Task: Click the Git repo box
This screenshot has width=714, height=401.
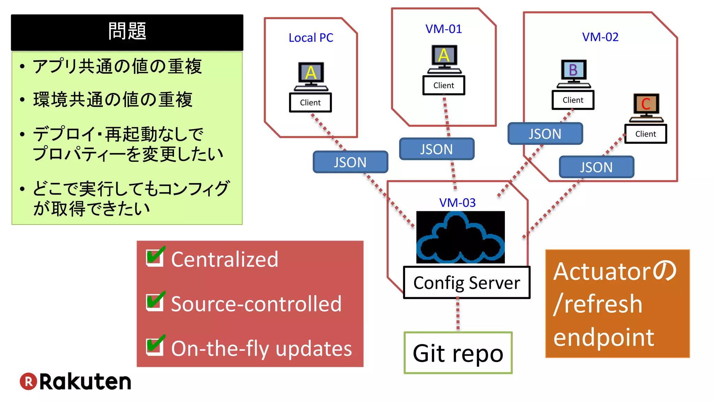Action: click(458, 353)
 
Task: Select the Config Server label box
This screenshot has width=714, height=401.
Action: click(466, 283)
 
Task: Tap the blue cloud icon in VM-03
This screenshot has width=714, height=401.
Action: click(460, 237)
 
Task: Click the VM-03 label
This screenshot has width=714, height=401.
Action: click(457, 203)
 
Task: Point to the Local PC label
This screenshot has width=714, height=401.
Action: click(311, 38)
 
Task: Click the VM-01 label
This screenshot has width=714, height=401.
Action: click(443, 29)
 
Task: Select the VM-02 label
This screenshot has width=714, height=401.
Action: click(600, 37)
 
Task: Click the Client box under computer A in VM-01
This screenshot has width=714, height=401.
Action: click(443, 86)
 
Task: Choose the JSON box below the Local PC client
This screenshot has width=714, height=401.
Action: click(350, 162)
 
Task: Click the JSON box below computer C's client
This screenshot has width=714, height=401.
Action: click(596, 167)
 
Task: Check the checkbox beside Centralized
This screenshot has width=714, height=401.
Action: click(155, 258)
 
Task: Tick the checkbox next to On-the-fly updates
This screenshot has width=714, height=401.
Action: click(155, 346)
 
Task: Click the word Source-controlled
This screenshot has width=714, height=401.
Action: click(256, 304)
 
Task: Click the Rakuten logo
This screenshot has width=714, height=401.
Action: click(75, 382)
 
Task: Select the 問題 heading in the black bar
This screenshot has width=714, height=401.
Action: click(127, 31)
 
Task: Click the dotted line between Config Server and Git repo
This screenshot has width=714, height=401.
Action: click(458, 315)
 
